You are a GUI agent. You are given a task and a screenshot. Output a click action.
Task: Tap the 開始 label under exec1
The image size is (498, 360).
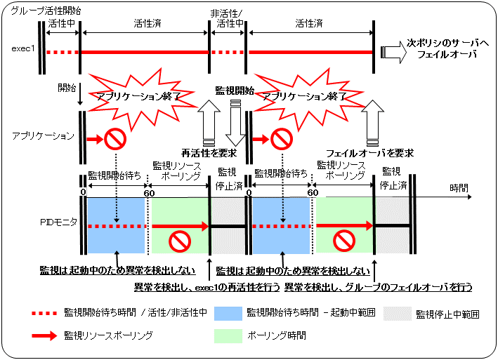click(67, 89)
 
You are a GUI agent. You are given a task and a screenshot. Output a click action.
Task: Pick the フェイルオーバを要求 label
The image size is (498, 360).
click(369, 152)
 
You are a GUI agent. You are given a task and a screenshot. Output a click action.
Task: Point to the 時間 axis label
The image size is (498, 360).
click(459, 189)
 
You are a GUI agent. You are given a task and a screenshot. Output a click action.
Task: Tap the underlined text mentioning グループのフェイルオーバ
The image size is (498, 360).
click(378, 286)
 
